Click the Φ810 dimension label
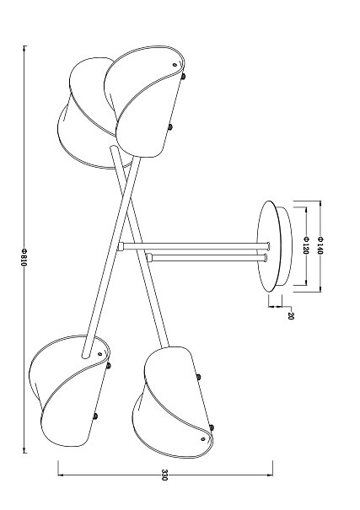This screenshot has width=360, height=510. pyautogui.click(x=24, y=257)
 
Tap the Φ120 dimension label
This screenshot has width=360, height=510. pyautogui.click(x=305, y=245)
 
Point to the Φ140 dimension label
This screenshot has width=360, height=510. pyautogui.click(x=320, y=245)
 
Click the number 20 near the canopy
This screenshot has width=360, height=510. pyautogui.click(x=291, y=315)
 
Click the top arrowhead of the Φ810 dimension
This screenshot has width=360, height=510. pyautogui.click(x=24, y=49)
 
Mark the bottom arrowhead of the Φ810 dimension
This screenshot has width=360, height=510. pyautogui.click(x=24, y=450)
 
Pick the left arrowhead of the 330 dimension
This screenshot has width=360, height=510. pyautogui.click(x=62, y=475)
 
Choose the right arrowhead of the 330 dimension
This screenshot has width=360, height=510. pyautogui.click(x=270, y=475)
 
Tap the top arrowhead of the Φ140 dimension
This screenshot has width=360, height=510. pyautogui.click(x=320, y=204)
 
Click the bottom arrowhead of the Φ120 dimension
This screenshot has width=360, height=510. pyautogui.click(x=305, y=282)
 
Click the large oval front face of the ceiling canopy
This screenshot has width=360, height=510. pyautogui.click(x=269, y=246)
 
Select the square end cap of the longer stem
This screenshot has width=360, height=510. pyautogui.click(x=121, y=246)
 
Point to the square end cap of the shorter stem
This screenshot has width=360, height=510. pyautogui.click(x=149, y=258)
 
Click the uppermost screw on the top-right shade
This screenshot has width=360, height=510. pyautogui.click(x=184, y=77)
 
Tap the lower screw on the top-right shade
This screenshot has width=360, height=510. pyautogui.click(x=169, y=127)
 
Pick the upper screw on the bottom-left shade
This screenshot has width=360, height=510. pyautogui.click(x=108, y=366)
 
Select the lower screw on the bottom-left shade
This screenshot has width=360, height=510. pyautogui.click(x=95, y=416)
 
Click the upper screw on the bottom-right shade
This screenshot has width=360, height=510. pyautogui.click(x=198, y=377)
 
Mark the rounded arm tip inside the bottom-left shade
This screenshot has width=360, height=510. pyautogui.click(x=86, y=355)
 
